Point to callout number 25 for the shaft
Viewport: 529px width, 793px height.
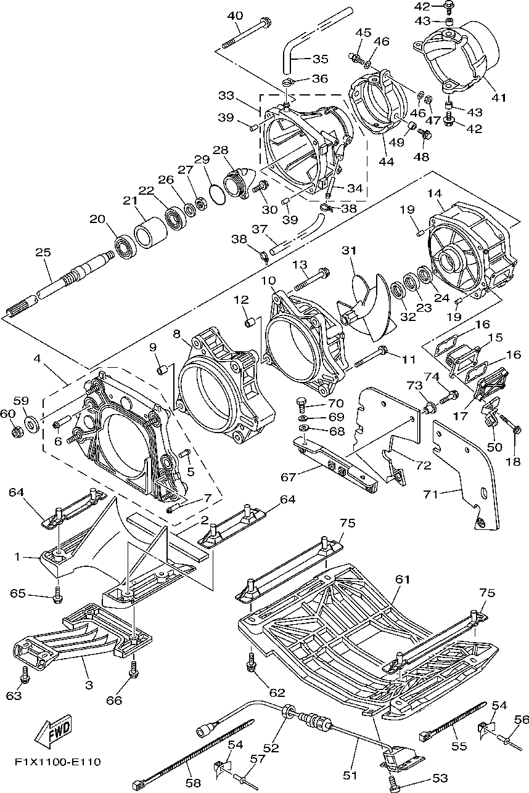[43, 252]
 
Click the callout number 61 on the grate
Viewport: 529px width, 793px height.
[403, 579]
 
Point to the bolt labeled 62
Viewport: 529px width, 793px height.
[251, 661]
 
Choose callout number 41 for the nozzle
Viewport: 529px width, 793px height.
[499, 97]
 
